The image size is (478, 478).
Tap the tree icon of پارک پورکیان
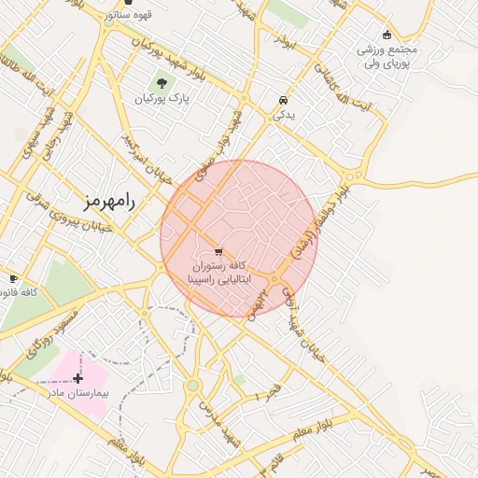162,83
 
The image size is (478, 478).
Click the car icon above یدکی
282,100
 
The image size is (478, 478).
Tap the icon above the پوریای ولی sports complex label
387,35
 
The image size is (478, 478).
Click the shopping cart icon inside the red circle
218,251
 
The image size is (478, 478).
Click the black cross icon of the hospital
78,378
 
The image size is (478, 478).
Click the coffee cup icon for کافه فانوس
13,278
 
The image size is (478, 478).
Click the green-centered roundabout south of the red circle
192,385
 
